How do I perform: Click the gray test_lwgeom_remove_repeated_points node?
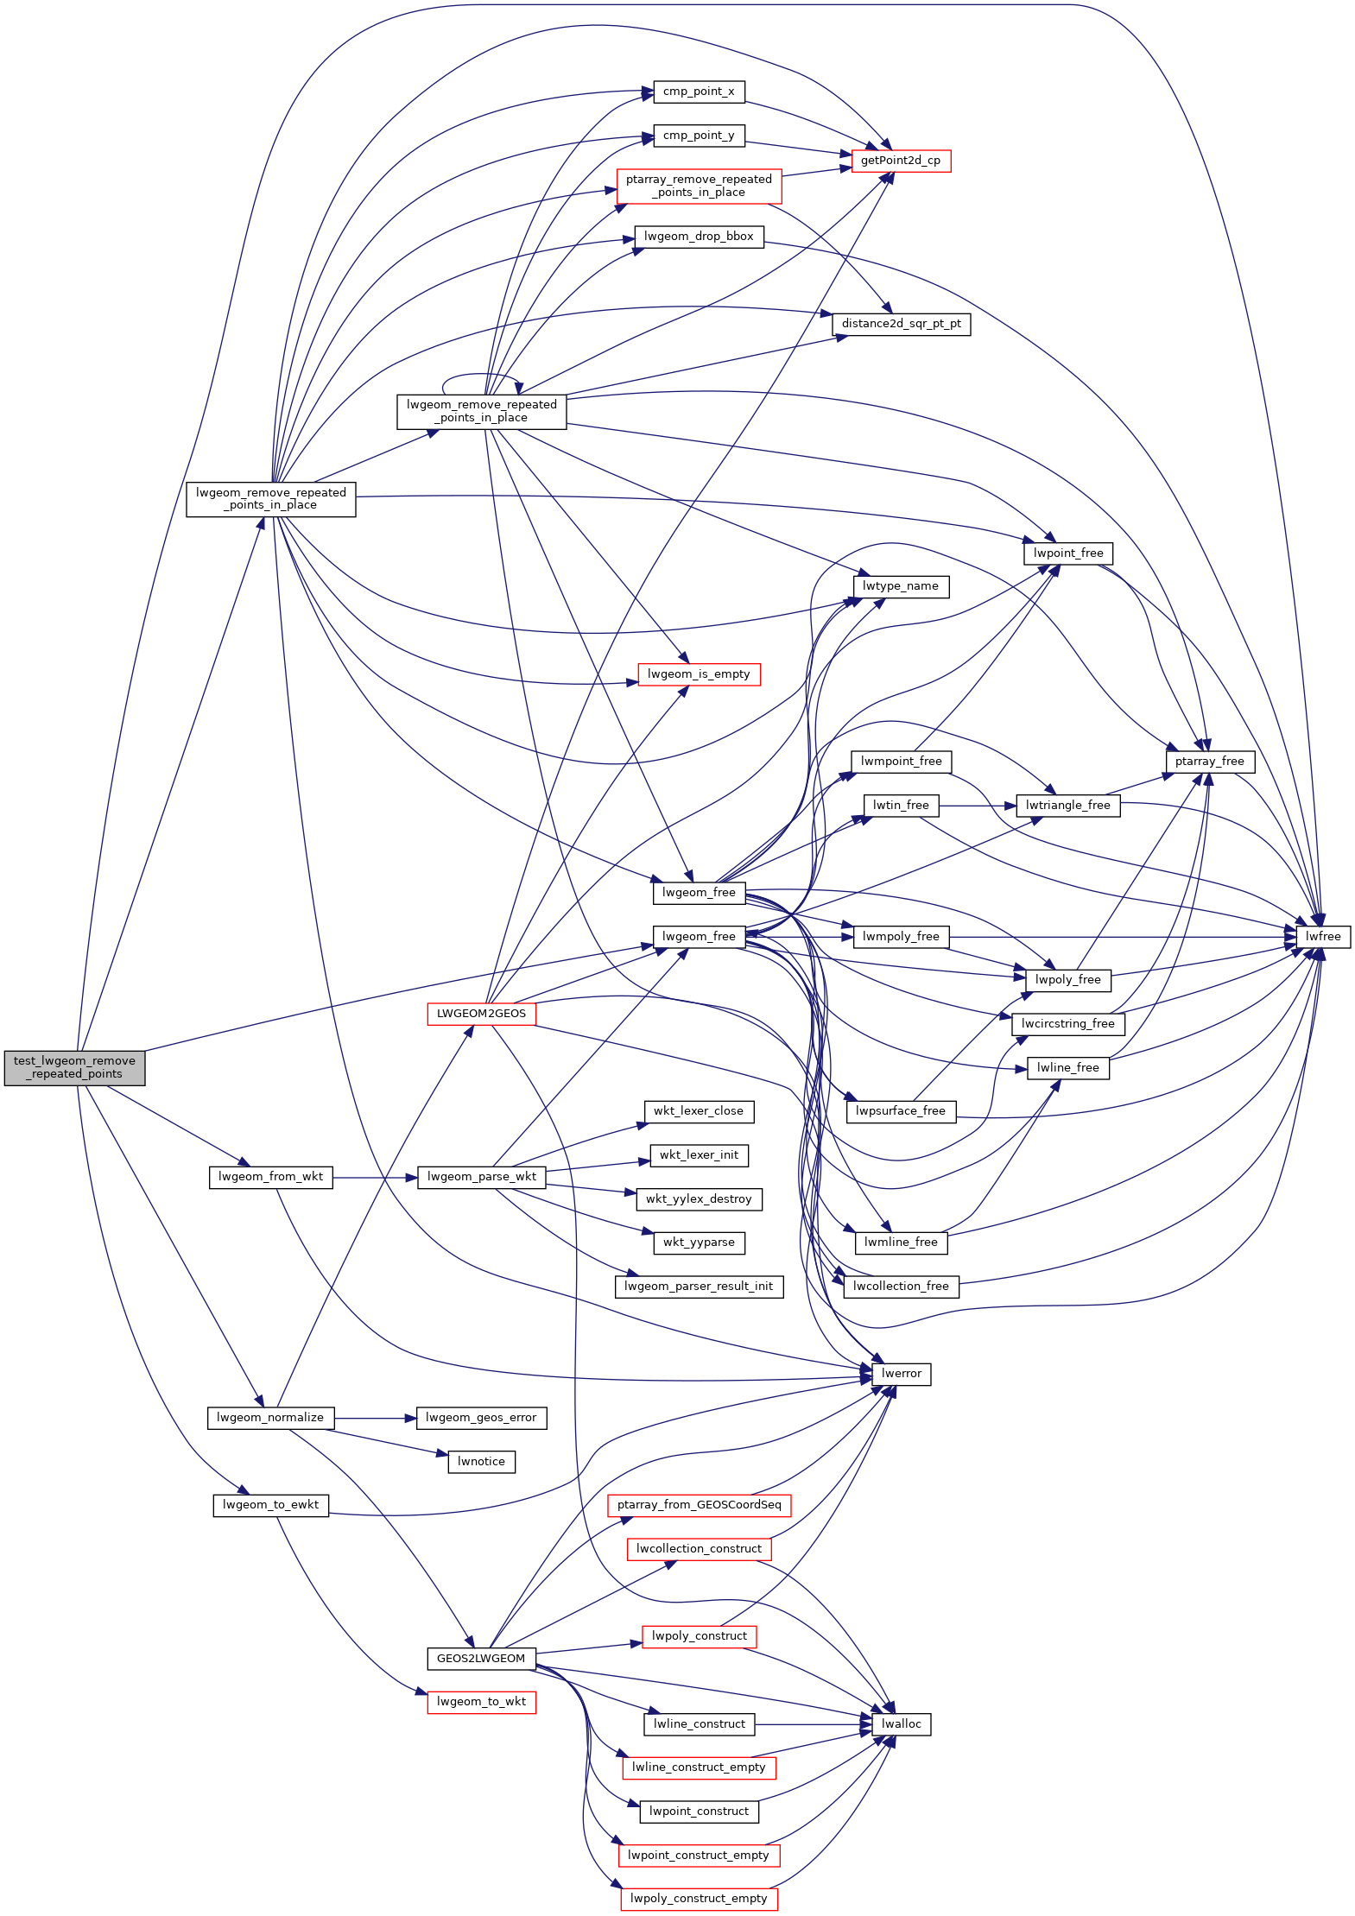pos(74,1067)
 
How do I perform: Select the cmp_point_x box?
pos(699,92)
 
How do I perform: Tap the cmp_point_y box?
pos(699,136)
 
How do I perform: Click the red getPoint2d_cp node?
pos(901,161)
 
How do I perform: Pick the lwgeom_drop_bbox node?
pos(699,237)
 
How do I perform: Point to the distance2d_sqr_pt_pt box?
pos(901,324)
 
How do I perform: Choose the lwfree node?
pos(1323,937)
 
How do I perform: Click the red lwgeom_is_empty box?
pos(699,674)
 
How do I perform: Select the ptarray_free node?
pos(1209,762)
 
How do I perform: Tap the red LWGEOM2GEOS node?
pos(481,1014)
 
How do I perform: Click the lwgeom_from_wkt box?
pos(270,1177)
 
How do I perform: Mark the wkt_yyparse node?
pos(699,1243)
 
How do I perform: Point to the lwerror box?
pos(901,1374)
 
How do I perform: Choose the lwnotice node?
pos(481,1462)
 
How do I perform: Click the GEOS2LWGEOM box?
pos(481,1659)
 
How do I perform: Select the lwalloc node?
pos(901,1724)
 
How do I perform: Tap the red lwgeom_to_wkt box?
pos(481,1702)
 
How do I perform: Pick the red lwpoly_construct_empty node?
pos(699,1899)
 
